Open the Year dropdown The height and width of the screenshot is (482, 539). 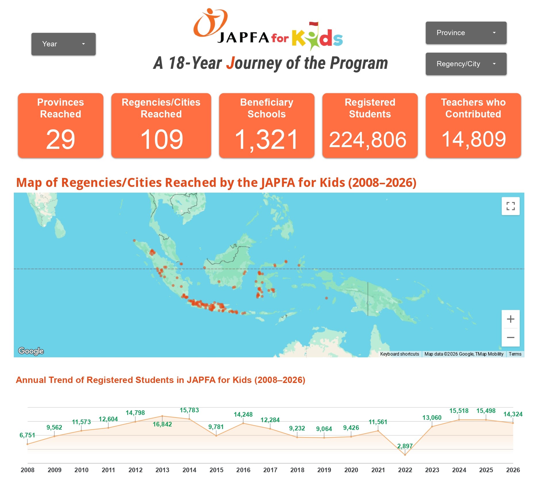(x=63, y=44)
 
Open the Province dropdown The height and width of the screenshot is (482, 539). (x=466, y=33)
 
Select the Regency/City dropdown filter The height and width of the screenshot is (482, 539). (x=466, y=64)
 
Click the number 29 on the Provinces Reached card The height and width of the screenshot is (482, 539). (x=60, y=140)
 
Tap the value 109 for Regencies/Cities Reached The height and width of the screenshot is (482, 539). (x=161, y=140)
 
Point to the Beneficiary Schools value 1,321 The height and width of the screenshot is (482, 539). (x=266, y=140)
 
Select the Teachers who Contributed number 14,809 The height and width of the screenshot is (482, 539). (x=473, y=139)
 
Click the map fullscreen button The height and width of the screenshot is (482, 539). (x=510, y=206)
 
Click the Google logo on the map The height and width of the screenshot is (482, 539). (x=31, y=351)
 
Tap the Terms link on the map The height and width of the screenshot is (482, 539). (x=515, y=354)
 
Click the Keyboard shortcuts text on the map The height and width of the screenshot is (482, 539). (x=399, y=354)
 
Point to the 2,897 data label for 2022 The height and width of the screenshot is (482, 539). (x=405, y=446)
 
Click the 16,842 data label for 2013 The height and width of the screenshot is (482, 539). (x=162, y=424)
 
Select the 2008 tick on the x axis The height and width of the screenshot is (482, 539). (x=28, y=470)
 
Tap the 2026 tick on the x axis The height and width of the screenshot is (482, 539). (x=513, y=470)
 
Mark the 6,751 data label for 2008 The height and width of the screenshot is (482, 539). (x=27, y=435)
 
